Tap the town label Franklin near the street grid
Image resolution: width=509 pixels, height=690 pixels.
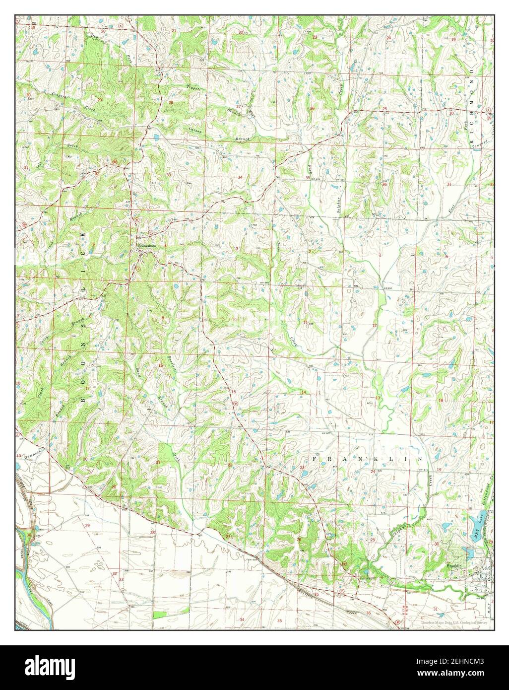coord(453,565)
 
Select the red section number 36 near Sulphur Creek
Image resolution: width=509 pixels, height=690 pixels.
coord(384,184)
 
